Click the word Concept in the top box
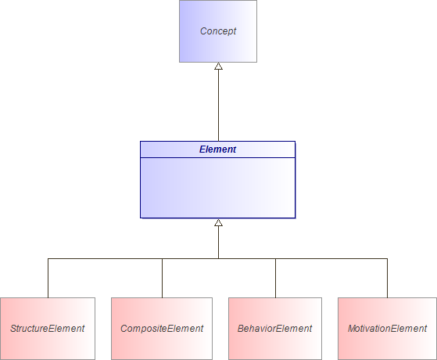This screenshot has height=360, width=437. pyautogui.click(x=217, y=31)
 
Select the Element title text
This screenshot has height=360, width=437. pyautogui.click(x=217, y=149)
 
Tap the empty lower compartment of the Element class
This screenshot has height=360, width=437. pyautogui.click(x=217, y=188)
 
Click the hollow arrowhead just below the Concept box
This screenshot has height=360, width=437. pyautogui.click(x=218, y=67)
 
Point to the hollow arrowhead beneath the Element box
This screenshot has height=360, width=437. pyautogui.click(x=218, y=223)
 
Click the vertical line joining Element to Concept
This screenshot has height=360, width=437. pyautogui.click(x=218, y=106)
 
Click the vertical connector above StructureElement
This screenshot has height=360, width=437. pyautogui.click(x=48, y=278)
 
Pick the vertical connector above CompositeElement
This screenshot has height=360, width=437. pyautogui.click(x=162, y=278)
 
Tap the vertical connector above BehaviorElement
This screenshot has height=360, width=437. pyautogui.click(x=275, y=278)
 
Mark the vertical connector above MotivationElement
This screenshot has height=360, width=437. pyautogui.click(x=387, y=278)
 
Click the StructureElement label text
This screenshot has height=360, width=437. pyautogui.click(x=48, y=329)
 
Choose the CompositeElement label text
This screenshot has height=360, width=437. pyautogui.click(x=162, y=329)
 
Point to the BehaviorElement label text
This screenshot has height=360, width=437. pyautogui.click(x=274, y=329)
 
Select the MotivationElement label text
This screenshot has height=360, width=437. pyautogui.click(x=387, y=329)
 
